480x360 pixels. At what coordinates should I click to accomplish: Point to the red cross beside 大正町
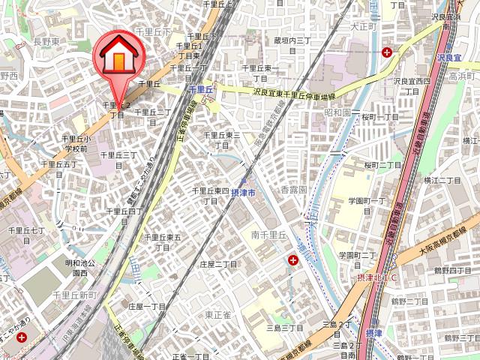click(x=386, y=52)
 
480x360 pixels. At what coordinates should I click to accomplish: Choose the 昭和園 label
click(x=337, y=112)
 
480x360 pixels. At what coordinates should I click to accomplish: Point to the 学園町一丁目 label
click(x=366, y=205)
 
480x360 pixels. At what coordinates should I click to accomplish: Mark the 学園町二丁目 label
click(x=357, y=259)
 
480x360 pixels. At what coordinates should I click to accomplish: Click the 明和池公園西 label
click(x=79, y=268)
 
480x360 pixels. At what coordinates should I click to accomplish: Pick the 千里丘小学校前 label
click(x=76, y=143)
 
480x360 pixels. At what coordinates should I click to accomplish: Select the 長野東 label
click(x=46, y=43)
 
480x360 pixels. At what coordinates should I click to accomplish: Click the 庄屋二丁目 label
click(x=218, y=265)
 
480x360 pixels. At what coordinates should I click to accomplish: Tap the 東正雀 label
click(x=219, y=314)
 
